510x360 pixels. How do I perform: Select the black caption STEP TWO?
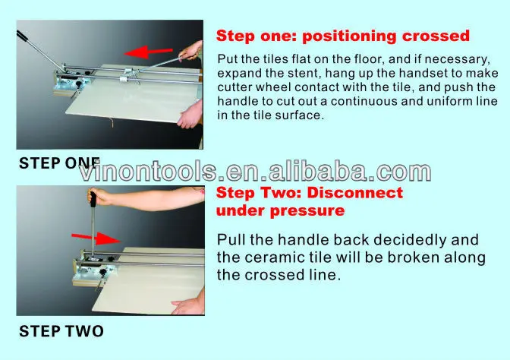[61, 331]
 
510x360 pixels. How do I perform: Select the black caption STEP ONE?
[58, 162]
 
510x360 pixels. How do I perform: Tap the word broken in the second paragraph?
[402, 257]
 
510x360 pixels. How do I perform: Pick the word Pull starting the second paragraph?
[231, 238]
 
